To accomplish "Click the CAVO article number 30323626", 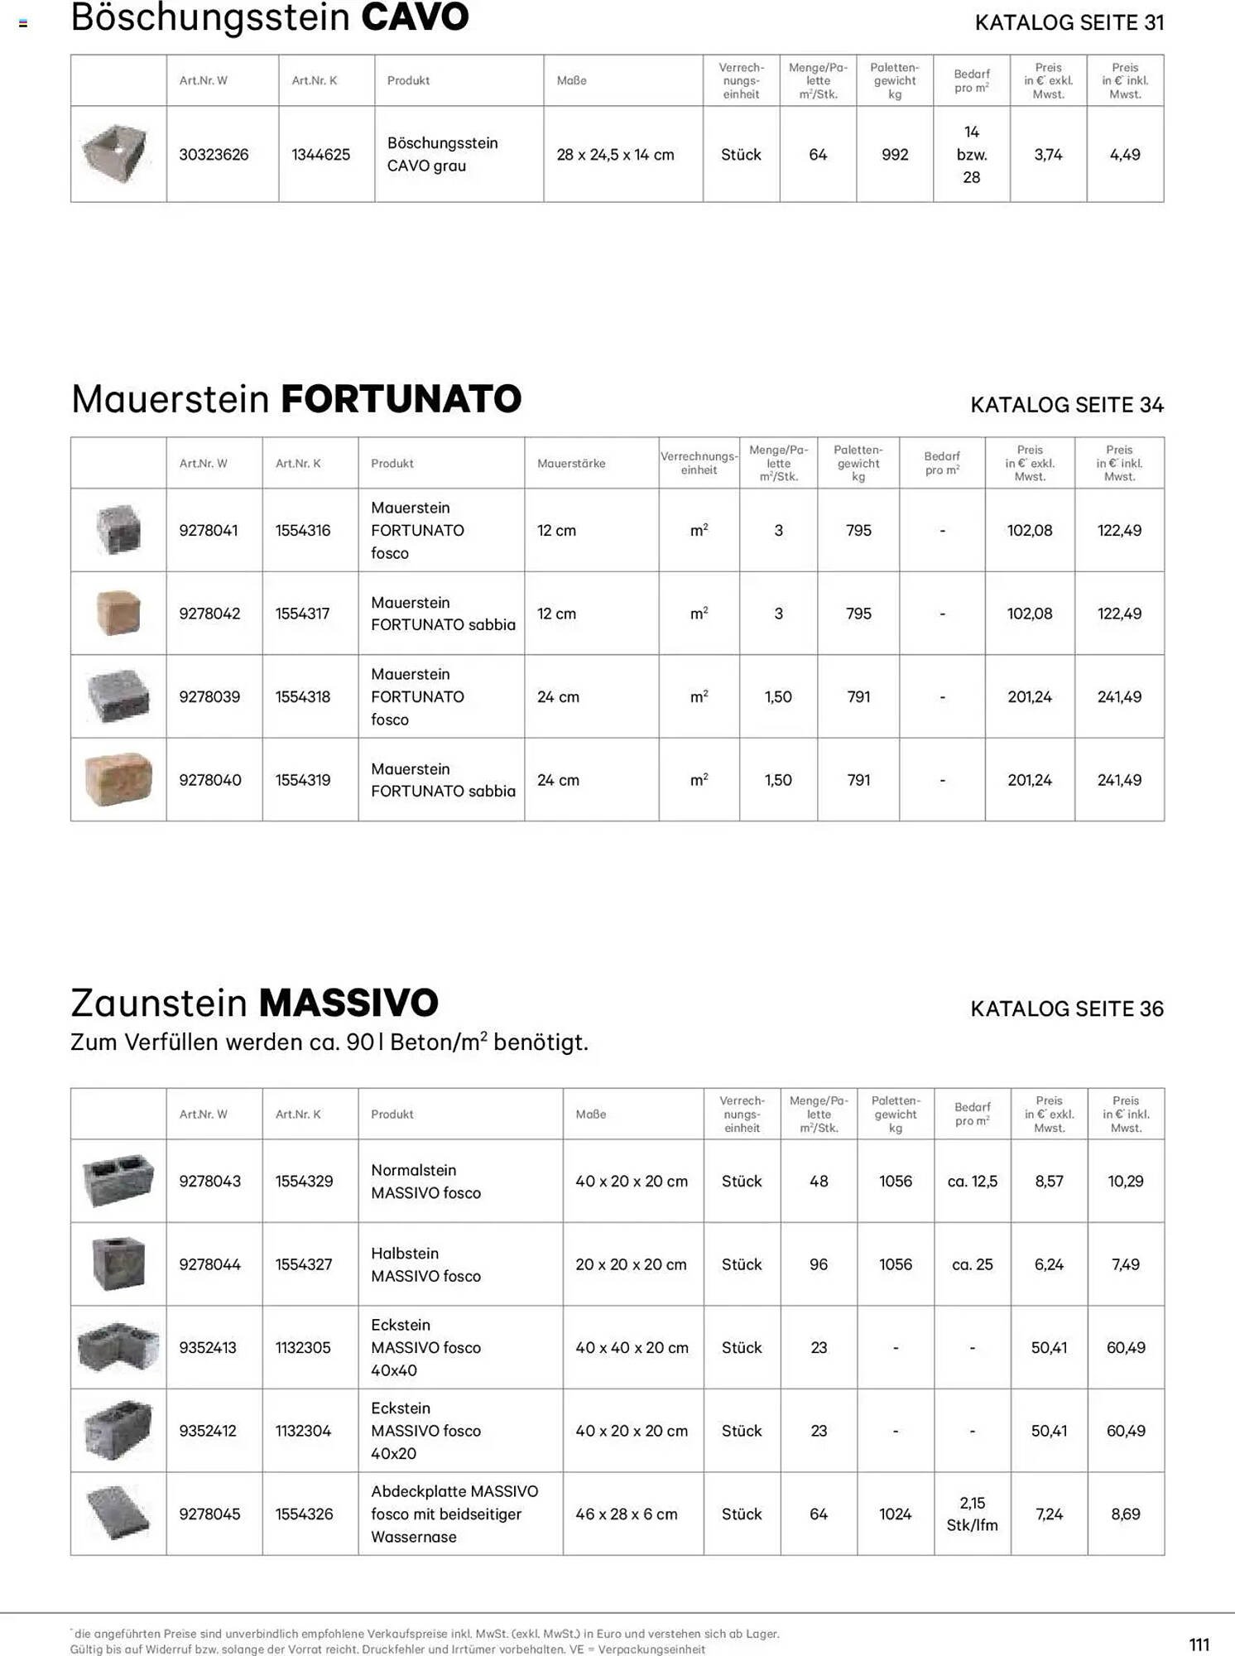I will coord(214,155).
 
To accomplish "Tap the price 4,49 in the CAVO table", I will coord(1125,155).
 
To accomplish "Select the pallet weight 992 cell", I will coord(895,155).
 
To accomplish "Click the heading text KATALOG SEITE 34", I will coord(1066,405).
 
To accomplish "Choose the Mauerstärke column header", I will coord(571,464).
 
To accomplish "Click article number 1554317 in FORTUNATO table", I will coord(302,614).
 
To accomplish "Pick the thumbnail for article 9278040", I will coord(118,779).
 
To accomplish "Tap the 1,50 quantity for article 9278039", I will coord(778,697).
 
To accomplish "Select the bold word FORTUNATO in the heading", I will coord(401,399).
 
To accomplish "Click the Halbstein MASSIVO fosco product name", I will coord(425,1264).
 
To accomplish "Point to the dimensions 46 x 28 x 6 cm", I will coord(627,1514).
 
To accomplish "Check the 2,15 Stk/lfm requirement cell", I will coord(972,1514).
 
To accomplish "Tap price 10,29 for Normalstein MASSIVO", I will coord(1126,1182).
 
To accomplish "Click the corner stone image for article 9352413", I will coord(118,1347).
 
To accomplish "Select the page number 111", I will coord(1199,1644).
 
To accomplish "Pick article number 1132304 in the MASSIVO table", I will coord(303,1431).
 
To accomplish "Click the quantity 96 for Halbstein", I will coord(819,1264).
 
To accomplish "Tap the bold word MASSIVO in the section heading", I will coord(348,1003).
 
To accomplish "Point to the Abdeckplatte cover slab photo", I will coord(118,1514).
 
